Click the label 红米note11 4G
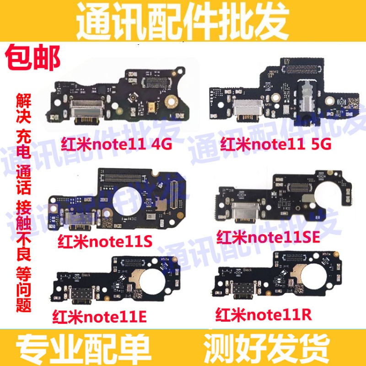116,145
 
